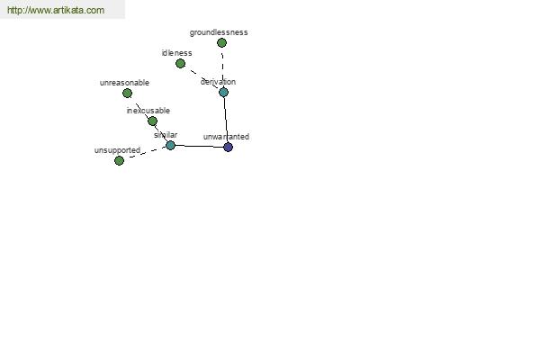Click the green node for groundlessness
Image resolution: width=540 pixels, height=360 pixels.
221,42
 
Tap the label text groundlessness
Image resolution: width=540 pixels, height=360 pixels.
219,32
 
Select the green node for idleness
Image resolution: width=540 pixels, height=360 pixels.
180,63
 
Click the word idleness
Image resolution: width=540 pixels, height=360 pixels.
176,53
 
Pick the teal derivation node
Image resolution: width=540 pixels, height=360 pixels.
223,93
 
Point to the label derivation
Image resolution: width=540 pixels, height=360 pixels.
218,82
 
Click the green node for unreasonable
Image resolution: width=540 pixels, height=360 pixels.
127,93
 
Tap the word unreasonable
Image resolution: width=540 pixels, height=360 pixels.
124,83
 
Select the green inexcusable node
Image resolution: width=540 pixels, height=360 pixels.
152,121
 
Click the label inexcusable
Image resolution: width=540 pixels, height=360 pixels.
148,111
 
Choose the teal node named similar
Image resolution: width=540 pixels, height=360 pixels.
170,145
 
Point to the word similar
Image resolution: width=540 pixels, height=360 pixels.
166,135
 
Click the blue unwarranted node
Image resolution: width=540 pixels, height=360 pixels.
228,147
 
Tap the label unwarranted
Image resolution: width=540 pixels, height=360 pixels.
226,137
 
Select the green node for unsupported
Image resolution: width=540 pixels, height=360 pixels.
119,160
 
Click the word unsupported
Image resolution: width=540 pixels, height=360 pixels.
117,150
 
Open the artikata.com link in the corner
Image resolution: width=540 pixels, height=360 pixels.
56,10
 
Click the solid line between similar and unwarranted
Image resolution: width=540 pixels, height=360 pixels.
199,146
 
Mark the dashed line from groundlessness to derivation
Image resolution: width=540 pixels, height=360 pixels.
222,67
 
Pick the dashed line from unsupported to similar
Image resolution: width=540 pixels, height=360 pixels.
145,153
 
